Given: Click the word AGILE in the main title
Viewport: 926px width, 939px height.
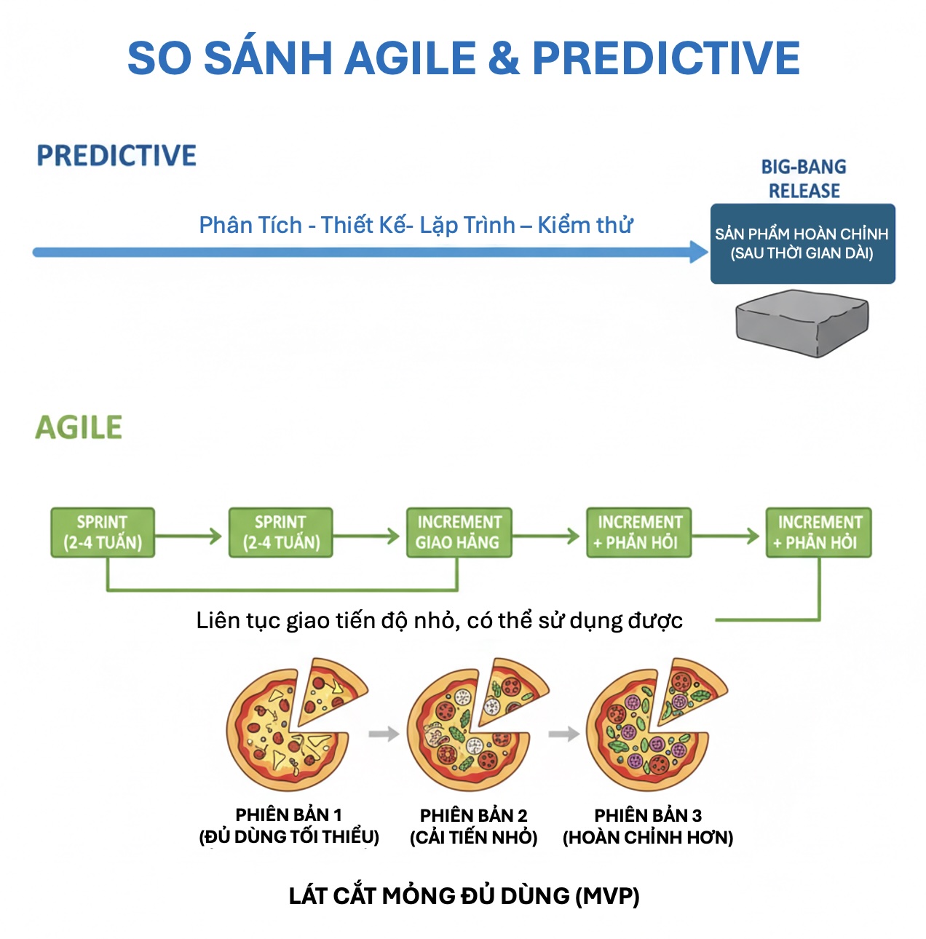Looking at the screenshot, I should point(410,58).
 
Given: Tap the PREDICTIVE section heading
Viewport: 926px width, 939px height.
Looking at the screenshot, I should point(116,156).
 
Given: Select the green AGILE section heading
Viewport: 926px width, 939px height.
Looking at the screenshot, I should point(79,427).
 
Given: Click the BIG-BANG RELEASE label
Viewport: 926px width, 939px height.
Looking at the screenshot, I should point(804,178).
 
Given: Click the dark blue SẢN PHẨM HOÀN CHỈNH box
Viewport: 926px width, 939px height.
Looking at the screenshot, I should point(802,244).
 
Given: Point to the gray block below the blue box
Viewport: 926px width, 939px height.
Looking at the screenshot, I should point(802,322).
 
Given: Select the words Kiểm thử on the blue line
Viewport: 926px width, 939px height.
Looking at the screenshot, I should point(585,225).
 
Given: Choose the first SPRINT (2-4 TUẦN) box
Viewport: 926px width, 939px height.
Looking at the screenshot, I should point(103,533).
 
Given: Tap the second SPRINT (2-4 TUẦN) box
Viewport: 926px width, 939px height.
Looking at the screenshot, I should point(281,533).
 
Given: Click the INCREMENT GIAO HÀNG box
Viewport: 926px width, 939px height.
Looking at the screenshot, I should point(459,533).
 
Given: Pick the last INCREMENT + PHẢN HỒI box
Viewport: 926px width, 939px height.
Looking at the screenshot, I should point(818,533).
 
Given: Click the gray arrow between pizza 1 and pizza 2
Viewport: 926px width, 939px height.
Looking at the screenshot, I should point(384,734).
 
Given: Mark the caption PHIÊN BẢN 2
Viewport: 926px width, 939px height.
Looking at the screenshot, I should point(473,815).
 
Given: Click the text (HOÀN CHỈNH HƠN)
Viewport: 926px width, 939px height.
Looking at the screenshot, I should point(647,838).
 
